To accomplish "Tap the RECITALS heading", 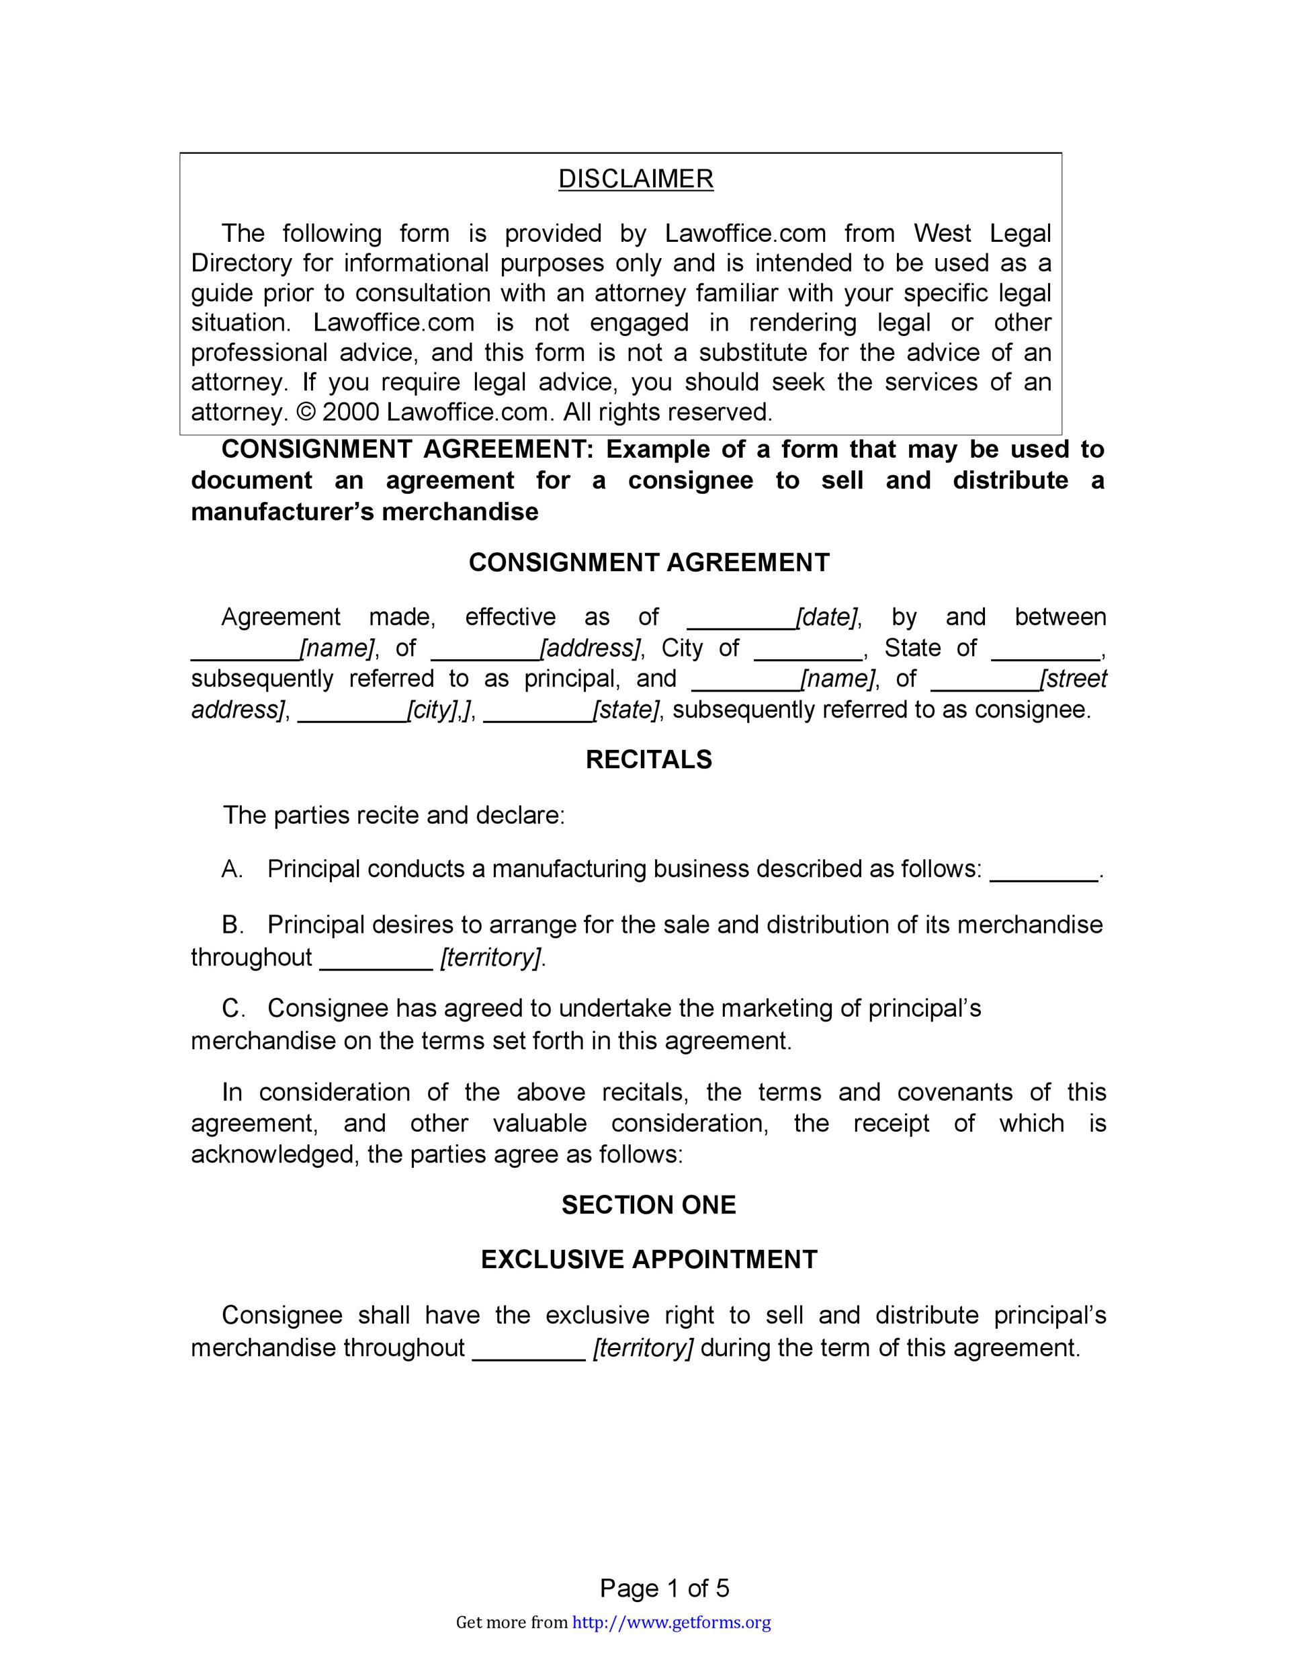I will tap(648, 759).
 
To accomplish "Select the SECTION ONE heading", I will tap(648, 1205).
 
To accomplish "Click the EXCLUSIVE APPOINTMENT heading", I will tap(648, 1259).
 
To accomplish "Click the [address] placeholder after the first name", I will tap(590, 648).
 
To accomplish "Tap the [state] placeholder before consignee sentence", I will tap(625, 709).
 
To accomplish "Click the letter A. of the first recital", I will tap(232, 869).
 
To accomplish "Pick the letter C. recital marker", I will tap(233, 1008).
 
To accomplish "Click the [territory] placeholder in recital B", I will tap(491, 958).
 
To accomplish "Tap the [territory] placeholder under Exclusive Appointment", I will tap(643, 1347).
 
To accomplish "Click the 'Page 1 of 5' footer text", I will tap(664, 1589).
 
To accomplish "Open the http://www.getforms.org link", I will tap(671, 1623).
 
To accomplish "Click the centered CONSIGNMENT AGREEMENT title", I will tap(648, 562).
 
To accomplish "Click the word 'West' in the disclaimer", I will tap(942, 233).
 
